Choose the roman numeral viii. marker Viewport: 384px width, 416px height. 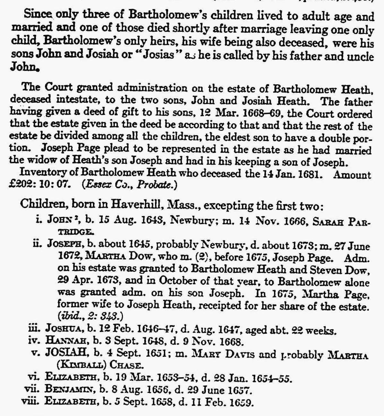[31, 402]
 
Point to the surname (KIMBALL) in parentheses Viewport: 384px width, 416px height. [76, 366]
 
